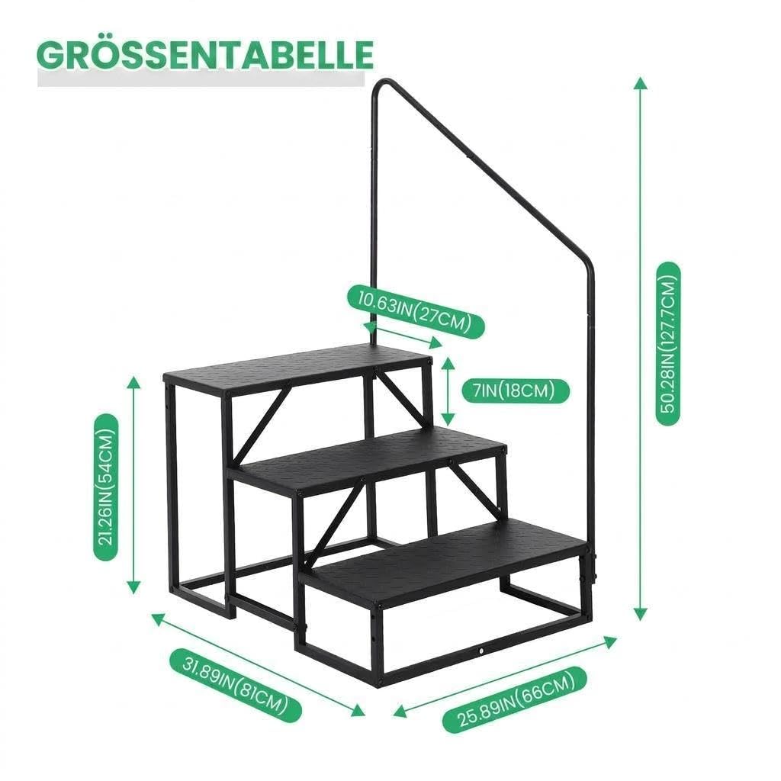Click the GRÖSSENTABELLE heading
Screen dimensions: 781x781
click(x=205, y=54)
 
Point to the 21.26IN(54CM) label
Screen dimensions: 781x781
click(x=106, y=487)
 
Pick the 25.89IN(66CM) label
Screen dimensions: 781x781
click(x=515, y=699)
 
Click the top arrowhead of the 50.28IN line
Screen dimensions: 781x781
click(x=641, y=83)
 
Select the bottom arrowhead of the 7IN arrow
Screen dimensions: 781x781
click(x=448, y=419)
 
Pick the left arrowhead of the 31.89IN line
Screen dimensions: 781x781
click(x=159, y=619)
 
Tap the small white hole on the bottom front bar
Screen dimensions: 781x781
click(x=482, y=650)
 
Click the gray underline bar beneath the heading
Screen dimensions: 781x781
click(x=201, y=79)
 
